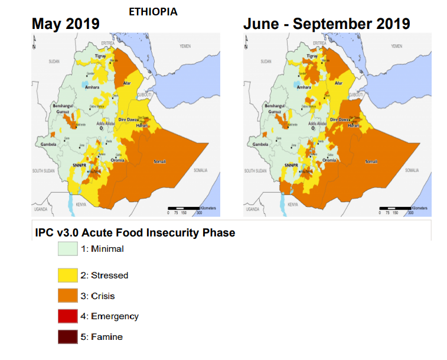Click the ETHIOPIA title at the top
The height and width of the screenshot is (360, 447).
click(153, 12)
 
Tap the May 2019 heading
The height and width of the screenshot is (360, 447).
click(66, 24)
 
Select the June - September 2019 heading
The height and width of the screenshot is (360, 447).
click(327, 24)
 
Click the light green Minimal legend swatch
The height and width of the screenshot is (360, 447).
click(68, 249)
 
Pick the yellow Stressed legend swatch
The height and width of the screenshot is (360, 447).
click(68, 275)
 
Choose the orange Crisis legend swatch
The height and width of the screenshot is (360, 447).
click(68, 296)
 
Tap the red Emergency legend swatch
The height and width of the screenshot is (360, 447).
click(68, 316)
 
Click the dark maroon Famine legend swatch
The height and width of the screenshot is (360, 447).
click(68, 337)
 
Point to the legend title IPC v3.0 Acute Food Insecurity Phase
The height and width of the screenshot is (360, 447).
click(135, 233)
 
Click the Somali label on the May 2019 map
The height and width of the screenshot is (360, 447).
click(159, 161)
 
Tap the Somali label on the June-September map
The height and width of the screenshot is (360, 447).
click(371, 161)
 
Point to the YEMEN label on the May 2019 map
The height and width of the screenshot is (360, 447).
click(185, 46)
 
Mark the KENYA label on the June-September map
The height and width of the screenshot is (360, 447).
click(293, 205)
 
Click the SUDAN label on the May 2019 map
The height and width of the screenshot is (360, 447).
click(54, 61)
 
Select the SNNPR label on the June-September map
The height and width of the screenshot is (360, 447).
click(291, 166)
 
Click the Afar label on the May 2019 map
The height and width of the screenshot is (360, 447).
click(126, 83)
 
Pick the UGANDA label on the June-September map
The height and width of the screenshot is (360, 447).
click(253, 209)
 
